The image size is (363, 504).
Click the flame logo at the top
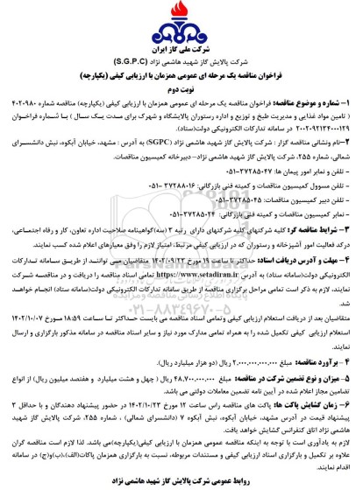181,19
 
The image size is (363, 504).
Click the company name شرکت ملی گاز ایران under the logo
181,42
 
